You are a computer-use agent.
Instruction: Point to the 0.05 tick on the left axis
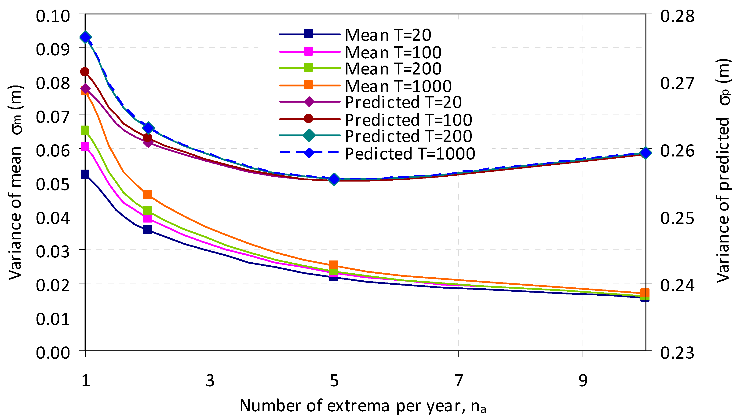pyautogui.click(x=53, y=184)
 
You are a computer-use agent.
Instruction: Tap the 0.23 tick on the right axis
pyautogui.click(x=677, y=353)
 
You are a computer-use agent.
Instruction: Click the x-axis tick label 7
pyautogui.click(x=458, y=381)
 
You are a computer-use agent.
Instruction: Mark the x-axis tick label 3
pyautogui.click(x=210, y=381)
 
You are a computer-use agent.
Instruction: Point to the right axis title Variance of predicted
pyautogui.click(x=723, y=170)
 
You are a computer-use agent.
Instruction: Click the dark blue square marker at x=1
pyautogui.click(x=85, y=174)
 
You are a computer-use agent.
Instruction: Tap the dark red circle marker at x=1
pyautogui.click(x=85, y=71)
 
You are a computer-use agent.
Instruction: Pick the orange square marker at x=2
pyautogui.click(x=147, y=194)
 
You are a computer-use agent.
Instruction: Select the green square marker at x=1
pyautogui.click(x=85, y=130)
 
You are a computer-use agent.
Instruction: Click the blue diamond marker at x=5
pyautogui.click(x=334, y=179)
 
